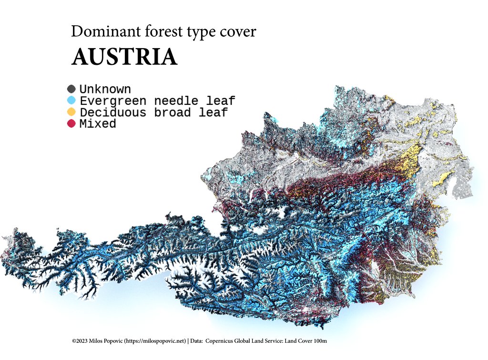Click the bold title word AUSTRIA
(x=124, y=57)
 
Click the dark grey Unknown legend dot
(x=71, y=89)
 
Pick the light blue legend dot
(x=71, y=101)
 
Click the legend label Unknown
(x=105, y=89)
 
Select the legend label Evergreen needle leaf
(x=157, y=101)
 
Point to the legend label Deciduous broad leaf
(x=153, y=113)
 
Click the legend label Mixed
(x=98, y=124)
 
